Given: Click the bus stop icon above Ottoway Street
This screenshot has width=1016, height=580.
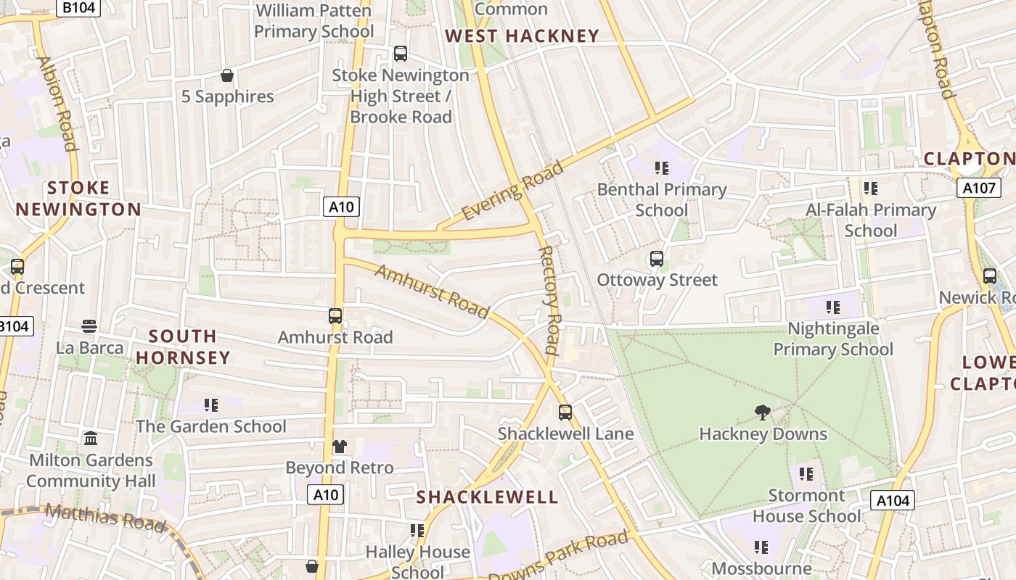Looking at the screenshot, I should tap(657, 259).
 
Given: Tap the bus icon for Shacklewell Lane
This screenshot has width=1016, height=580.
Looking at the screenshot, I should tap(565, 413).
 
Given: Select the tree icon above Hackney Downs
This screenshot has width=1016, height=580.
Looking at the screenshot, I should tap(762, 413).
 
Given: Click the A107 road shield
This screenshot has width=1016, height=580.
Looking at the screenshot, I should tap(977, 188).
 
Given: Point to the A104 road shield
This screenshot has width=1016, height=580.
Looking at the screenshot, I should tap(892, 500).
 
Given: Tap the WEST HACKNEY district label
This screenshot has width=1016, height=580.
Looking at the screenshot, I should tap(522, 36).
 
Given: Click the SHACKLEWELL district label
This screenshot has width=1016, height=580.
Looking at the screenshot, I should tap(488, 497).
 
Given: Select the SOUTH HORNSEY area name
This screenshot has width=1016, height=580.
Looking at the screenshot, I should tap(183, 347).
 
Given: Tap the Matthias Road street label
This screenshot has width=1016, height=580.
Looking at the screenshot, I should tap(105, 516).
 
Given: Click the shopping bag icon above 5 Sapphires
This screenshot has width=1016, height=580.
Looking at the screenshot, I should tap(227, 75).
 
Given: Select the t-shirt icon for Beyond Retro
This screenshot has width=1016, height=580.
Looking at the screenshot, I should tap(340, 447).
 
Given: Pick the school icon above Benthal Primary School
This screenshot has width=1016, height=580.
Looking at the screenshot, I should tap(661, 168).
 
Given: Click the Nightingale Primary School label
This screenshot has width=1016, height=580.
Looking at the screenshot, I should tap(833, 339).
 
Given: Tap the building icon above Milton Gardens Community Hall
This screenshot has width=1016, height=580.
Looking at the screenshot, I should tap(91, 439).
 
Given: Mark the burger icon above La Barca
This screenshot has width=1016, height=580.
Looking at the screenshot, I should tap(89, 326).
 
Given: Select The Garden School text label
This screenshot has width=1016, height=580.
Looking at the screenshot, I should tap(211, 426).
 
